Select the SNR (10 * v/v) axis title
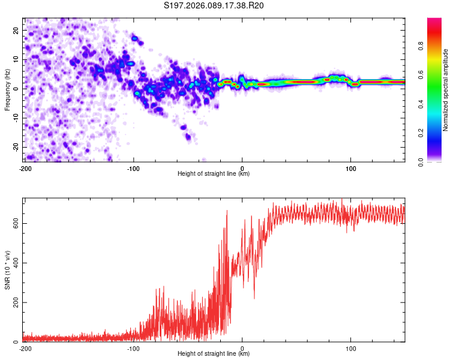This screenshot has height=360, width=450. coord(7,270)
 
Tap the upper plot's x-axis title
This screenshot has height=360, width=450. coord(214,173)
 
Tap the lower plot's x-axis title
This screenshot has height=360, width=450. coord(214,353)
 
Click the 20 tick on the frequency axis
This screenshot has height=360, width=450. coord(16,30)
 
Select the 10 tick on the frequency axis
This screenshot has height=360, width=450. coord(16,59)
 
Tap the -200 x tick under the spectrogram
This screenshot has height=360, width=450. coord(25,167)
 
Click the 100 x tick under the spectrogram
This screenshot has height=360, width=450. coord(351,167)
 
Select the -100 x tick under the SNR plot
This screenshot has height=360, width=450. coord(133,347)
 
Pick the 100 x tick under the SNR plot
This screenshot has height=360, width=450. coord(351,347)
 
